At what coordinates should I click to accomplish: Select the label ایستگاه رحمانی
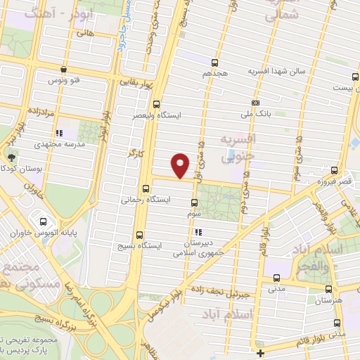[147, 200]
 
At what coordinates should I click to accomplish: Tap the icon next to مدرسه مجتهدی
[59, 132]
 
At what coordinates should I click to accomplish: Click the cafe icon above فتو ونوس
[63, 69]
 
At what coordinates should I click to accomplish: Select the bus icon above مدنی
[276, 277]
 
